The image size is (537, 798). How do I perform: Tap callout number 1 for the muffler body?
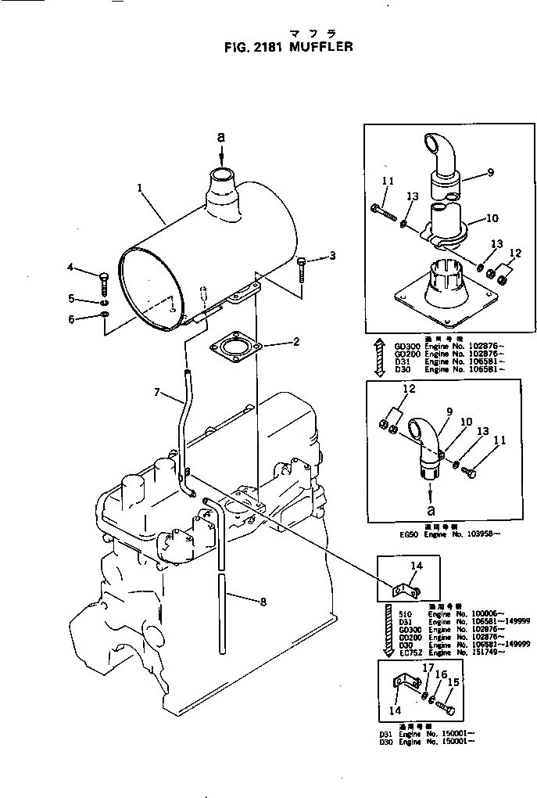tap(139, 188)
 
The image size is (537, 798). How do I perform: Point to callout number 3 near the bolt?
tap(332, 255)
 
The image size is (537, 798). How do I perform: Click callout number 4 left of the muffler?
tap(70, 268)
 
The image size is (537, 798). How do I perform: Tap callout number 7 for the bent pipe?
tap(157, 391)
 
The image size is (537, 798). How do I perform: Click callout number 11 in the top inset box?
tap(388, 182)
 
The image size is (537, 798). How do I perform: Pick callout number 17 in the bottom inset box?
tap(427, 667)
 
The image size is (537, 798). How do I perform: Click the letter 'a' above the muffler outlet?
tap(220, 137)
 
